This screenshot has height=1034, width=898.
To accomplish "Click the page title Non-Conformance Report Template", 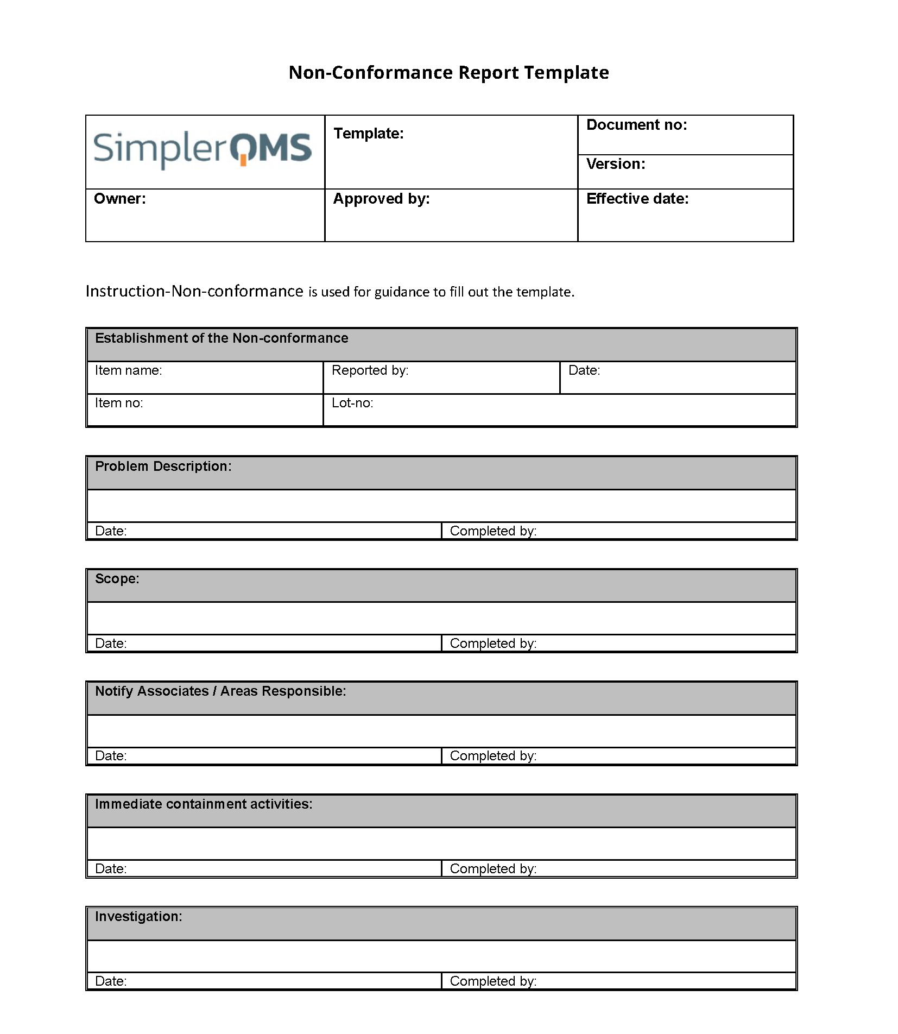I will (448, 72).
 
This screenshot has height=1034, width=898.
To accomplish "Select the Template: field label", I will (369, 134).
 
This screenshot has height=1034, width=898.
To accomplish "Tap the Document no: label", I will (636, 125).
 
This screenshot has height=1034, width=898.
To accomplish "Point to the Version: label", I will (616, 164).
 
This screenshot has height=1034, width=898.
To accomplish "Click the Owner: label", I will (120, 199).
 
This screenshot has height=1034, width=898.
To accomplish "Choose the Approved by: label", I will (381, 199).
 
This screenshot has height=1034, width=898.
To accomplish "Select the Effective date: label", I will (637, 199).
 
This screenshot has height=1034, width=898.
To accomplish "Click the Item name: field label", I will (129, 370).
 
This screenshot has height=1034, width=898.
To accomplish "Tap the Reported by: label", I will (370, 370).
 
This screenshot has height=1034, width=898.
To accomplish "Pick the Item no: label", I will (119, 403).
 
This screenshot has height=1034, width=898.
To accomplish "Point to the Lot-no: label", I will (352, 403).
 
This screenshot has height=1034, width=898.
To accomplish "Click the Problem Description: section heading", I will (163, 466).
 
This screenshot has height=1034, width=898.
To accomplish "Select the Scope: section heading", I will (117, 579).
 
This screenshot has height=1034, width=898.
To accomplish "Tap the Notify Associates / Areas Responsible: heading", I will (220, 691).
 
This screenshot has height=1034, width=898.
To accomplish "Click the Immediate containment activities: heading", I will (204, 804).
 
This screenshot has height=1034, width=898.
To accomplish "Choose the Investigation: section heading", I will (138, 917).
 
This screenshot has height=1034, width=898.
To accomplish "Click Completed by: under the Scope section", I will (493, 644).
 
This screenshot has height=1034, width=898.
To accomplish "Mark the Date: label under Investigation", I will (111, 981).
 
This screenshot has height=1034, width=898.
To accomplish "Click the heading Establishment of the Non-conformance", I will (222, 338).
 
